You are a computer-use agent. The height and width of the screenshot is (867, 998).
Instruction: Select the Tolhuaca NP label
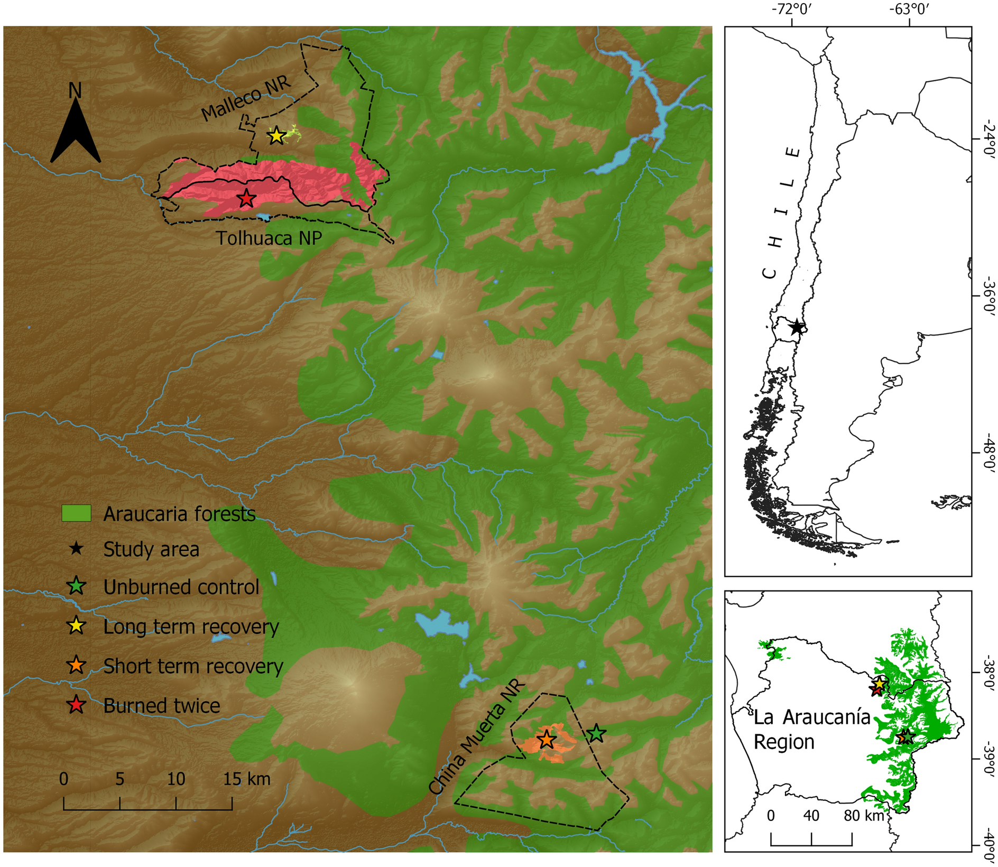pos(269,238)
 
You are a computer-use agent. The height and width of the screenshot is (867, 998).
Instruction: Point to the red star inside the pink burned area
pos(246,199)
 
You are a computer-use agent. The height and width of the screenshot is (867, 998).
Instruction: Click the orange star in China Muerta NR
pos(546,740)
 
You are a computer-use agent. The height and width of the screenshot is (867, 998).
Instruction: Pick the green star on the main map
pos(596,734)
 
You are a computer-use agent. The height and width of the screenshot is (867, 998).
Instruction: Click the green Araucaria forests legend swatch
pos(76,513)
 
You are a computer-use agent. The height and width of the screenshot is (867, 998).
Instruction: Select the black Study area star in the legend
pos(77,549)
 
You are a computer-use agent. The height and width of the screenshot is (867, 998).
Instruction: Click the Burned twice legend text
pos(162,706)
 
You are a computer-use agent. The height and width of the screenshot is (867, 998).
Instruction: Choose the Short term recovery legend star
pos(77,666)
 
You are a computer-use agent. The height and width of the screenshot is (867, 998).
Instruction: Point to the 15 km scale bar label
pos(246,779)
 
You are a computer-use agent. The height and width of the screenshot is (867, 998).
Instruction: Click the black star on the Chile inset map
pos(797,327)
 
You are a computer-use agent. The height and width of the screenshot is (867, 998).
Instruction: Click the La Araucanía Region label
pos(811,730)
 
